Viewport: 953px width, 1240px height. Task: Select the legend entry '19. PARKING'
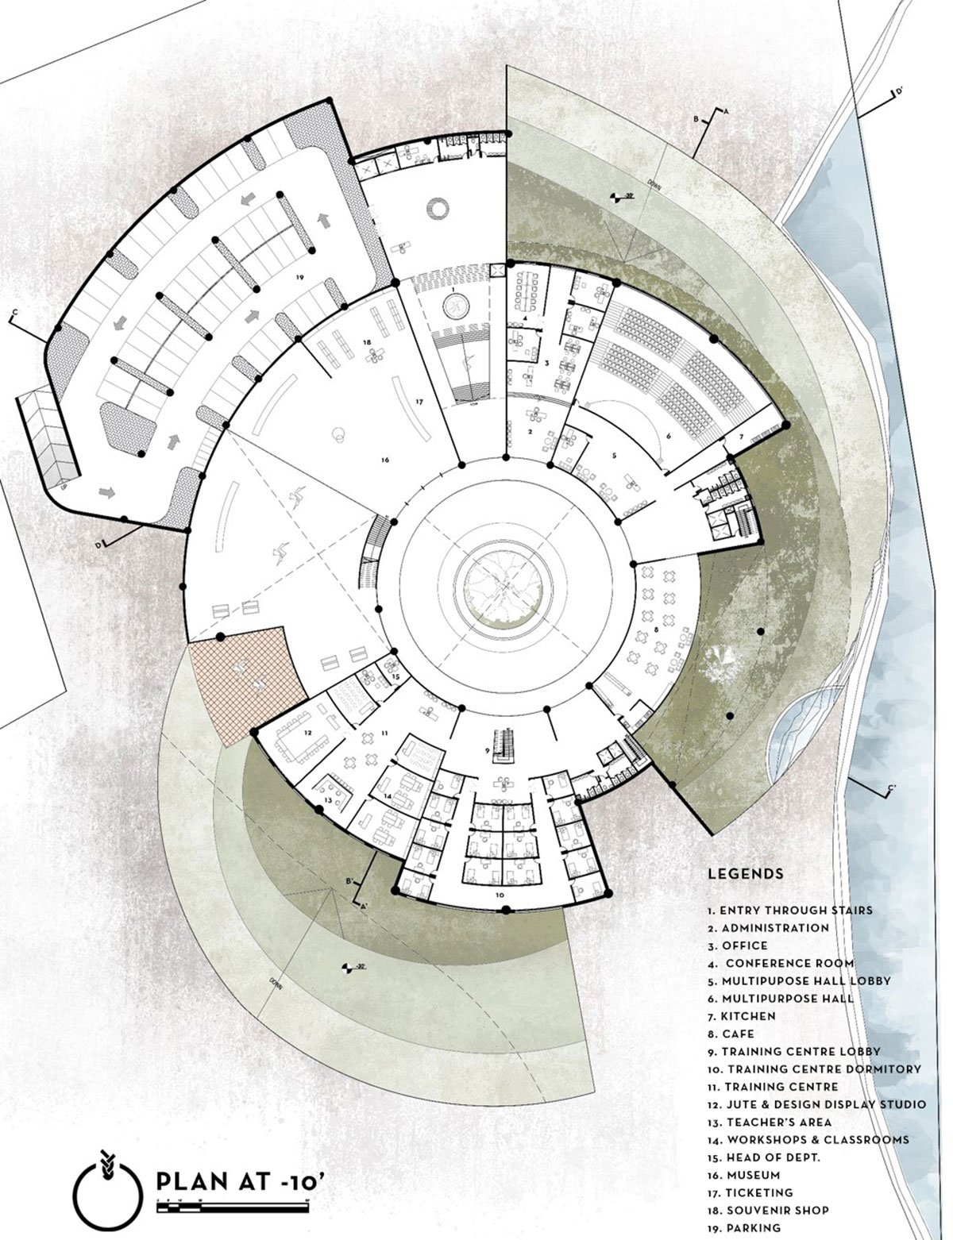pos(747,1228)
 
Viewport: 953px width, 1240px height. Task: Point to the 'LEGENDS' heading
pos(746,874)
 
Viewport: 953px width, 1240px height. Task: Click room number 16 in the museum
pos(384,460)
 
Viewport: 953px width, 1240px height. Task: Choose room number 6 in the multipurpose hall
pos(669,436)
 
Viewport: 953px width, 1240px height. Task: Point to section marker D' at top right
pos(899,92)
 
